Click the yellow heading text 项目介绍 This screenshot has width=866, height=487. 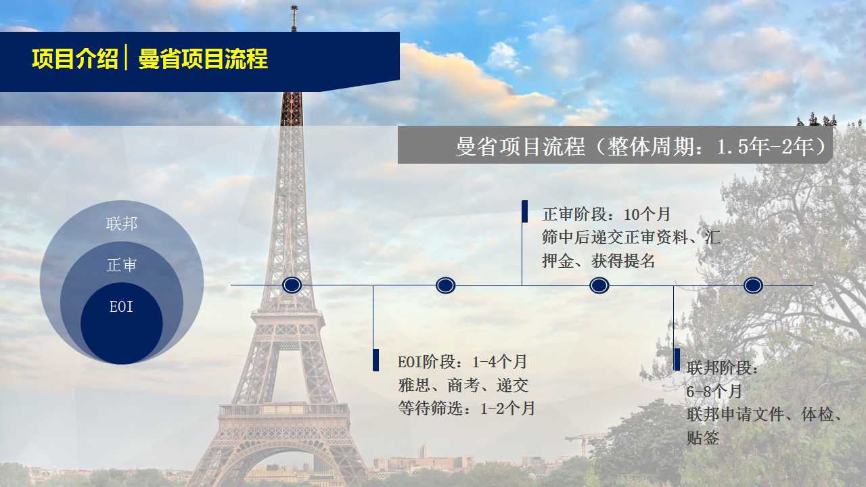75,59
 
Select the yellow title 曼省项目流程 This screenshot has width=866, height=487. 203,59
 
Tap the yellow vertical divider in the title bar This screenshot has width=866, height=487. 126,57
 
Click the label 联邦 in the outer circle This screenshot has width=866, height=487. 122,224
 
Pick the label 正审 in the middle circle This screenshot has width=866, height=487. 122,265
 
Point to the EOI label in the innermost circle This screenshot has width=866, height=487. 121,307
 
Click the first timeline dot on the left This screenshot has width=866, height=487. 292,285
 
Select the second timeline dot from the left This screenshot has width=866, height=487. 445,285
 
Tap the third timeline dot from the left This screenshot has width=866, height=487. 599,285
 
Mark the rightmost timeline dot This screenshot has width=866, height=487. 753,285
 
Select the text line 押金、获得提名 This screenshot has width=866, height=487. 599,261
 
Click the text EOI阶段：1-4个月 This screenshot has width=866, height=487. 462,362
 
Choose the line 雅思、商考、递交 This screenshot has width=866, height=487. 463,386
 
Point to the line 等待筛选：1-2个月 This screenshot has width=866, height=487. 467,409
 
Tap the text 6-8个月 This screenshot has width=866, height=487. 714,392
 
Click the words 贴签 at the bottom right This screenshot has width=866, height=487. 703,438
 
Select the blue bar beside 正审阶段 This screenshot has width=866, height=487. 524,212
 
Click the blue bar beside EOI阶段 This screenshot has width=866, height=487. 375,361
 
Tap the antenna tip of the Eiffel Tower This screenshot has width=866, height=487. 294,7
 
